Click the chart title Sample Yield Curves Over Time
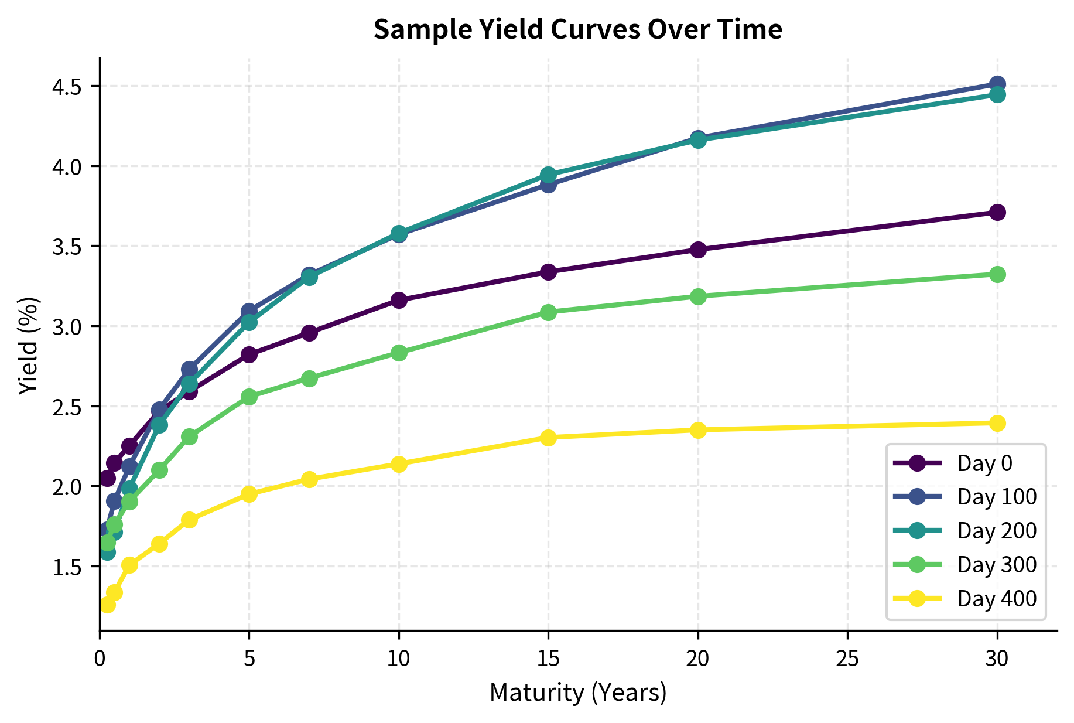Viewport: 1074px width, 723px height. (x=577, y=29)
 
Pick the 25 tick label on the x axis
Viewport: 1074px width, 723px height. (x=847, y=659)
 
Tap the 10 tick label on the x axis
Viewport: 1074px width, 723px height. (x=399, y=659)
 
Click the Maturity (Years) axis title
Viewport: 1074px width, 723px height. (x=577, y=693)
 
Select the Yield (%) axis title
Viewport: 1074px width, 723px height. (x=28, y=346)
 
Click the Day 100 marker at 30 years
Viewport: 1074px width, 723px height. (x=997, y=84)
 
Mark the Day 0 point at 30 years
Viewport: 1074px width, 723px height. (x=997, y=212)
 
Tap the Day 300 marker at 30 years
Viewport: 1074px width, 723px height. (x=997, y=274)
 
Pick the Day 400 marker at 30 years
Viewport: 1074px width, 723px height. (x=997, y=423)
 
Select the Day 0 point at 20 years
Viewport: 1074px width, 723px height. (x=698, y=250)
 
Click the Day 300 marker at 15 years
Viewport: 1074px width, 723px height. (x=548, y=312)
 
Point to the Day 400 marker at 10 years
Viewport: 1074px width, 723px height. (x=399, y=464)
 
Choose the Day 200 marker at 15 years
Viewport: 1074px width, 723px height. (x=548, y=175)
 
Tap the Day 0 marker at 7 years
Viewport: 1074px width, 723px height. (x=309, y=333)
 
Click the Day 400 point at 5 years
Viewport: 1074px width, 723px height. (x=249, y=494)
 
